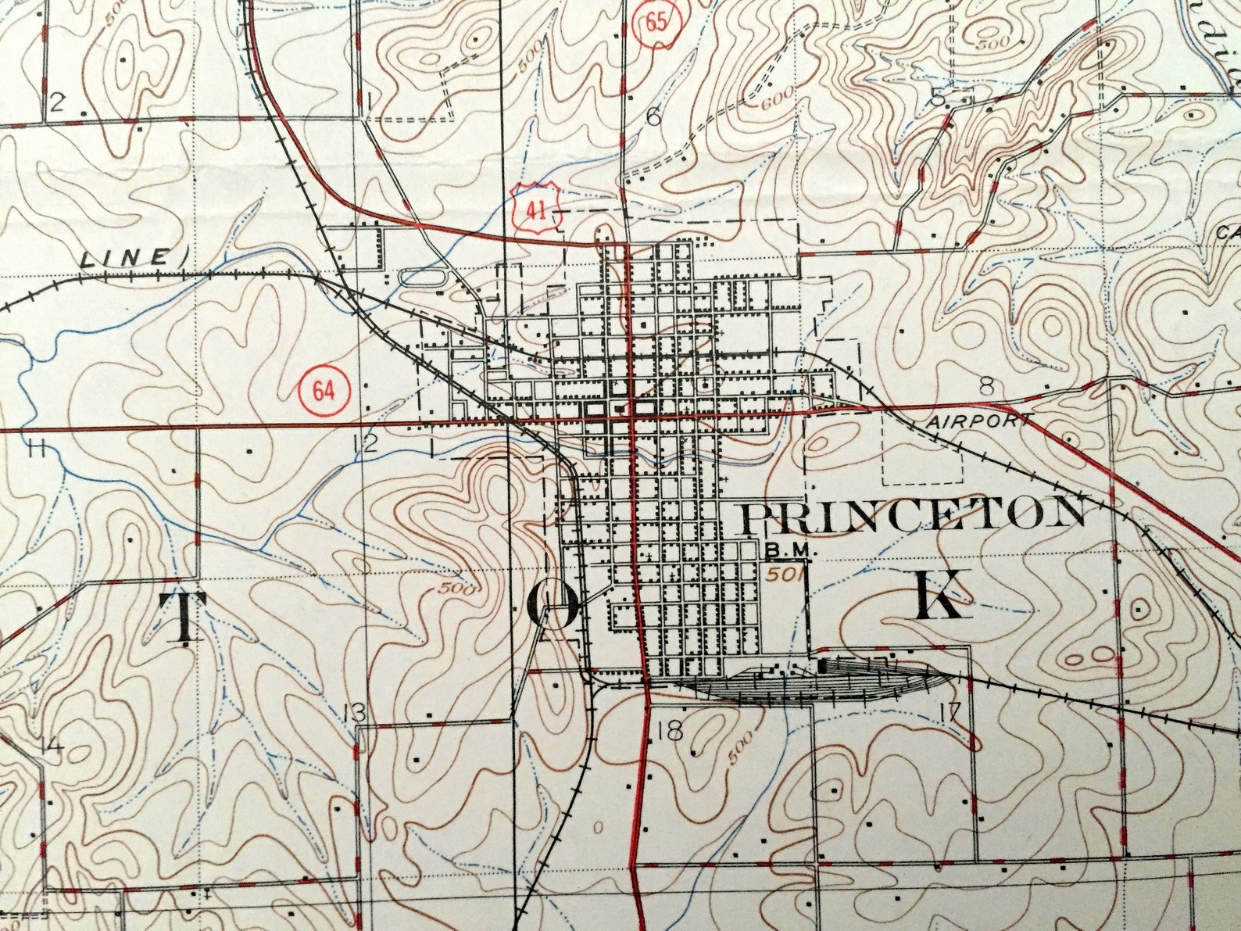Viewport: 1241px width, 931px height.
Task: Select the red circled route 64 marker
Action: [324, 390]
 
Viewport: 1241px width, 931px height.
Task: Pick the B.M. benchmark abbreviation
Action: [790, 551]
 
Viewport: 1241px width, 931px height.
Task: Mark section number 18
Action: [671, 732]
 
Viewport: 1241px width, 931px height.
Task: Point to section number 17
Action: [951, 713]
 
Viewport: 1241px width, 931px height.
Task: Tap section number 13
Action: [354, 713]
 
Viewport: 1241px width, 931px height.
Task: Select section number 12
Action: [366, 444]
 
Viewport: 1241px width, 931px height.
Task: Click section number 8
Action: [987, 385]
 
